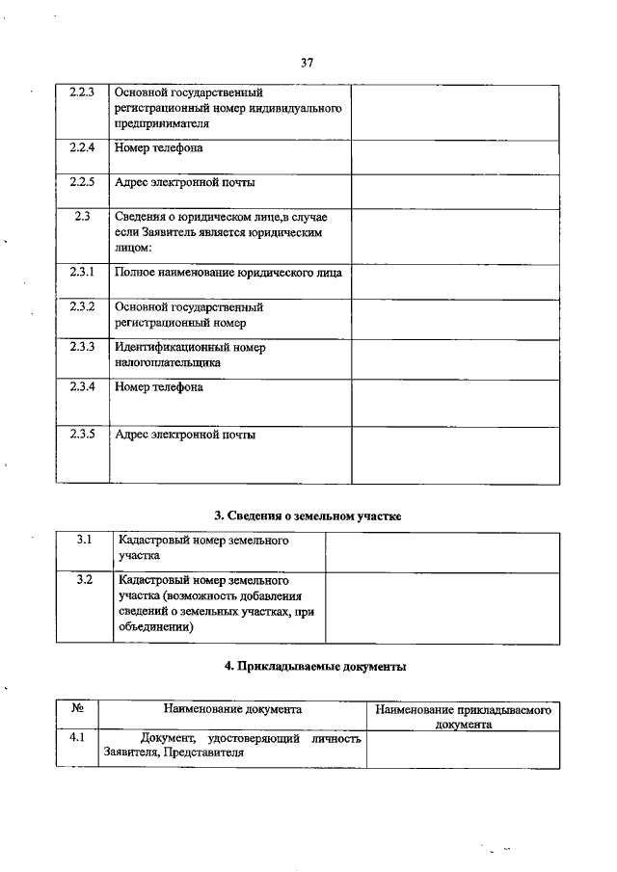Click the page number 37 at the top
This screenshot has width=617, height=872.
308,63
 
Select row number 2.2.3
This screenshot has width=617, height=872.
82,92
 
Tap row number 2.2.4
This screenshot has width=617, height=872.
82,148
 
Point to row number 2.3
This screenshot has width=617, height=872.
82,217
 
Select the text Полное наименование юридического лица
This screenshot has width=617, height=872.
228,273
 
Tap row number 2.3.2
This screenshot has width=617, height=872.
82,306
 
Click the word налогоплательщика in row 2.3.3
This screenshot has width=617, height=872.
167,363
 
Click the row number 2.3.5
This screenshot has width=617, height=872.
82,435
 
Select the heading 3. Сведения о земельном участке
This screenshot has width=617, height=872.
307,515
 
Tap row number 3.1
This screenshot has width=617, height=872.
84,541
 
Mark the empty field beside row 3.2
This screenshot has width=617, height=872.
443,608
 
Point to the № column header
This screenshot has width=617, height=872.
77,709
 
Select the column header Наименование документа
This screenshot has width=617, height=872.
231,709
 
